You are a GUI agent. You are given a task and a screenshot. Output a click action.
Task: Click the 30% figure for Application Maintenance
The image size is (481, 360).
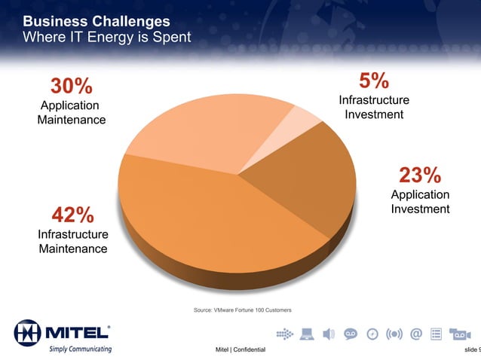click(72, 86)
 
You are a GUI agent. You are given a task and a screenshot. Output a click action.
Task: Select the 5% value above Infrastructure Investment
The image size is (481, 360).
click(374, 81)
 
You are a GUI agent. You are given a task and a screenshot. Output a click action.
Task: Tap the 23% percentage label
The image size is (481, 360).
click(420, 175)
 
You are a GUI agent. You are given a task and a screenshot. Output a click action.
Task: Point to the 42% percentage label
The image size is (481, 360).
click(72, 215)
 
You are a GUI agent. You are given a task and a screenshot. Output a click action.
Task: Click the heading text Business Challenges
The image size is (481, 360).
click(97, 20)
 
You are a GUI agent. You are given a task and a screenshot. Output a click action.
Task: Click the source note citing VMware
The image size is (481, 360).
click(242, 310)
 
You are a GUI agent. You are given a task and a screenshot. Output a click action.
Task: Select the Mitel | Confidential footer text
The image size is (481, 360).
click(240, 350)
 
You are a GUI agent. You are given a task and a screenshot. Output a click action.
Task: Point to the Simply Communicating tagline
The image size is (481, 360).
click(80, 349)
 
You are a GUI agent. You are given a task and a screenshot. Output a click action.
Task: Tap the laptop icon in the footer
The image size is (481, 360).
click(307, 334)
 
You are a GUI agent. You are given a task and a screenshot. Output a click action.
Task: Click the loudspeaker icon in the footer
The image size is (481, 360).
click(328, 334)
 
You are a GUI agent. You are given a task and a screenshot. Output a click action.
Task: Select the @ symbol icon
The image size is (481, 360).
click(415, 334)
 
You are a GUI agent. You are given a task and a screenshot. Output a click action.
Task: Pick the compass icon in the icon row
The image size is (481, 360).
click(372, 334)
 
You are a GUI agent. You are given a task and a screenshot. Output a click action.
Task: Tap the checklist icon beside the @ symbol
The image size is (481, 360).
click(436, 334)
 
